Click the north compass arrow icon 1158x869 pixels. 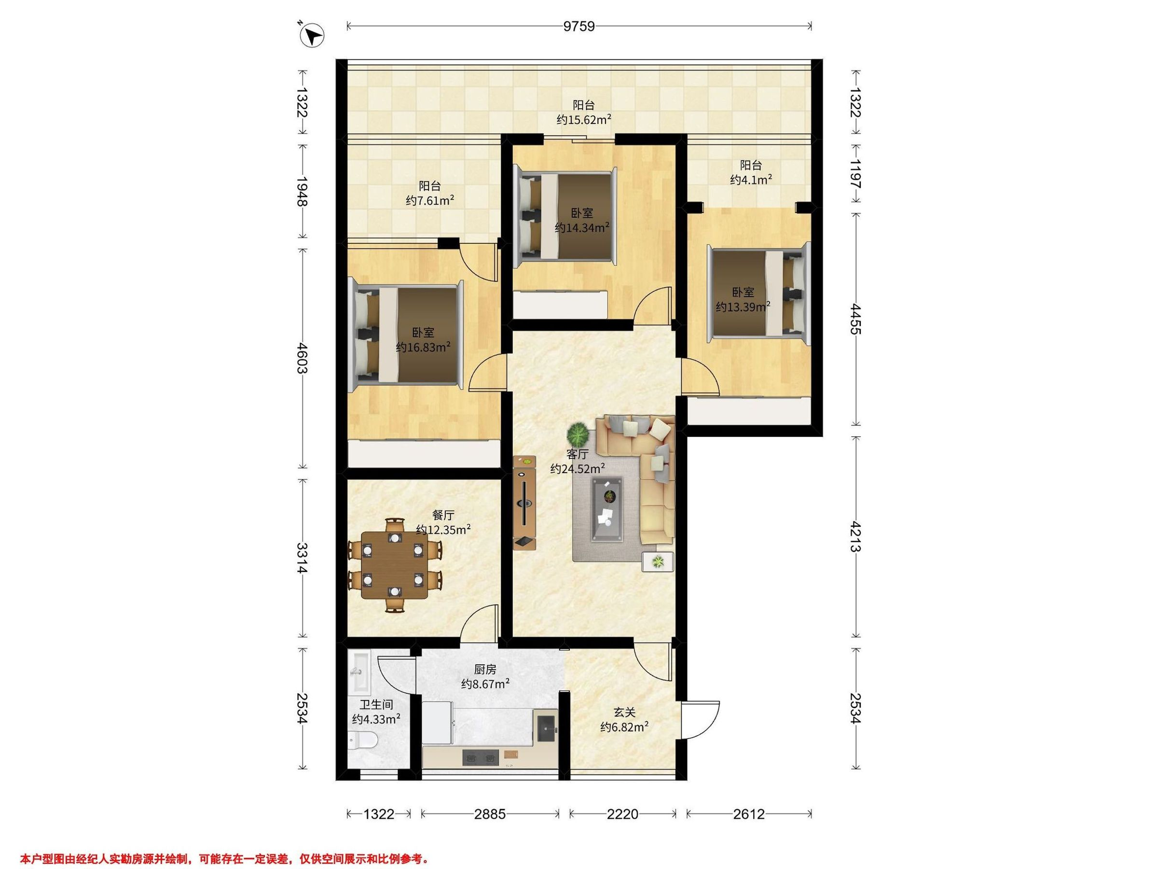(313, 37)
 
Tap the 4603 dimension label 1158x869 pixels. (302, 358)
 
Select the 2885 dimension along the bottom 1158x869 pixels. (490, 814)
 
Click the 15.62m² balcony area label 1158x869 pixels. (584, 119)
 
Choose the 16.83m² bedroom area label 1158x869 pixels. (423, 347)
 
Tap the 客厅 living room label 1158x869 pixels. (578, 454)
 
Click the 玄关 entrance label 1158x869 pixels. (624, 713)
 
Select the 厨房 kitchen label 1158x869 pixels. (485, 670)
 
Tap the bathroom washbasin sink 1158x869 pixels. (359, 671)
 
